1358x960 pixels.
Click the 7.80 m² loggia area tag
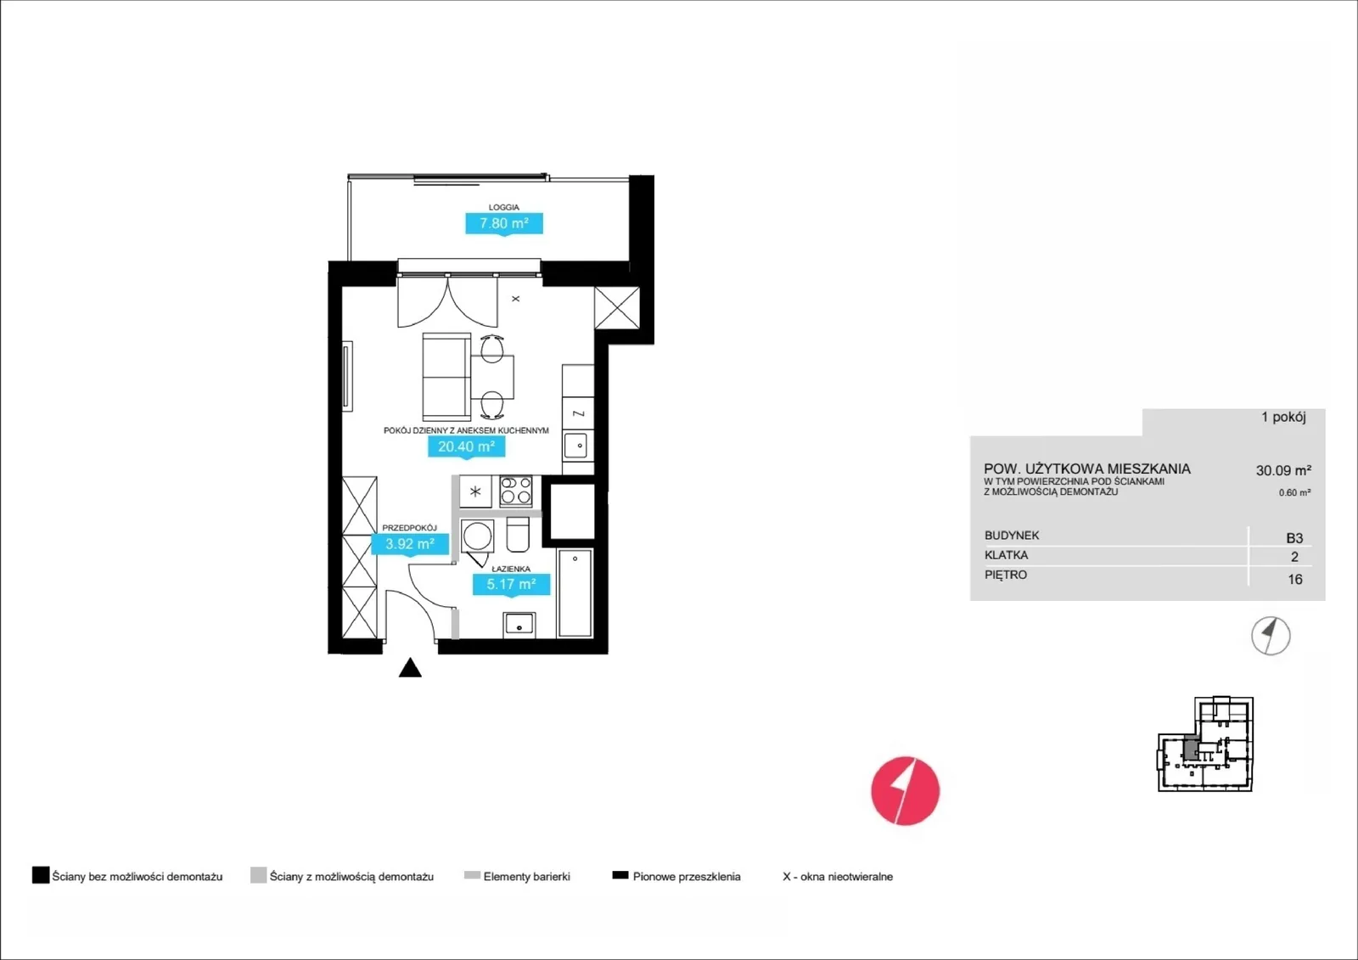504,223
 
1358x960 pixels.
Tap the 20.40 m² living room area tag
466,447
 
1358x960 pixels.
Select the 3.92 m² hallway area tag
410,544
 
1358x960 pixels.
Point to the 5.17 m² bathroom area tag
511,584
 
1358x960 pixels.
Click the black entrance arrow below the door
410,667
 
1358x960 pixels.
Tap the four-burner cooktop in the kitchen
516,491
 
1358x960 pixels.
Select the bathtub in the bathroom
575,593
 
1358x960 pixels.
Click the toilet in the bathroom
518,534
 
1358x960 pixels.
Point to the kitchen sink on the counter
577,446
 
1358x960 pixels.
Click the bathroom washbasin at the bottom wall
519,626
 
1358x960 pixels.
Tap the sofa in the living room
446,376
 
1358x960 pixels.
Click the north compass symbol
1271,636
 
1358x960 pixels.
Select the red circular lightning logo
905,791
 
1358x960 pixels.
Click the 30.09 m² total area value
1283,470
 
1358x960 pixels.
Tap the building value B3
1294,538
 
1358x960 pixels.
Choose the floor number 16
1295,579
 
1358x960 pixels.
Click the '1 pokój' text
1283,418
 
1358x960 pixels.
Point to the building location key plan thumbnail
1205,744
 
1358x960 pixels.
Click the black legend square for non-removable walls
41,875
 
